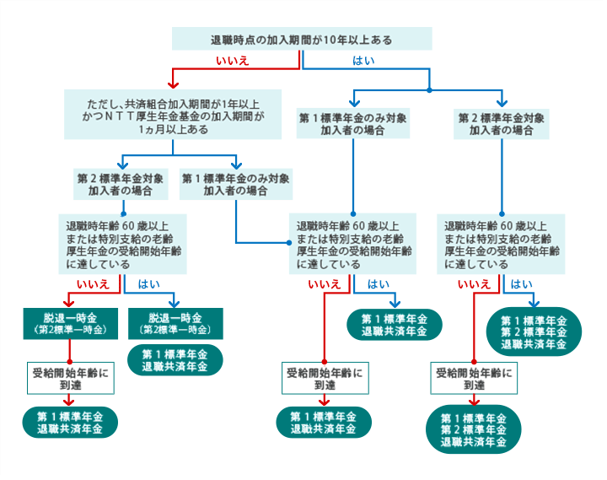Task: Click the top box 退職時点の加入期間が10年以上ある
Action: pyautogui.click(x=302, y=39)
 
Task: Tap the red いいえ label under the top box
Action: pyautogui.click(x=233, y=61)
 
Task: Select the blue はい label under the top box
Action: pyautogui.click(x=363, y=61)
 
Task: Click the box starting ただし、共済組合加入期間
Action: pyautogui.click(x=173, y=115)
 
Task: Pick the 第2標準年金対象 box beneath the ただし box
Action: pyautogui.click(x=121, y=184)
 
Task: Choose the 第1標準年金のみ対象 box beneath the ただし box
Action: pyautogui.click(x=236, y=184)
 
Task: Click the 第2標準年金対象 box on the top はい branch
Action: pyautogui.click(x=502, y=123)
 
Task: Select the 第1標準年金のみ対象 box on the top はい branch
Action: pyautogui.click(x=353, y=123)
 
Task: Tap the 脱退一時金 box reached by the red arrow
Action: pyautogui.click(x=71, y=324)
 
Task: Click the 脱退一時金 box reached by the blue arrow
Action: pyautogui.click(x=175, y=324)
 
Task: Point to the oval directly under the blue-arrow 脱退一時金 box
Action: pyautogui.click(x=175, y=360)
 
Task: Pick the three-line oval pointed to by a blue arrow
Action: pyautogui.click(x=534, y=332)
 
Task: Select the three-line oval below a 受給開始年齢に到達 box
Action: pyautogui.click(x=474, y=429)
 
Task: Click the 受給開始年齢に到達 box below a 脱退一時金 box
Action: pyautogui.click(x=71, y=379)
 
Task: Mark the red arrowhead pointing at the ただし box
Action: pyautogui.click(x=173, y=85)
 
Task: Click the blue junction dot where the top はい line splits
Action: pyautogui.click(x=429, y=90)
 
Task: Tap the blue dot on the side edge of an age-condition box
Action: pyautogui.click(x=289, y=243)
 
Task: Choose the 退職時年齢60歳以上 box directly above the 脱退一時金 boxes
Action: pyautogui.click(x=123, y=245)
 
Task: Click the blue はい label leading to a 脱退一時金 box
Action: pyautogui.click(x=149, y=284)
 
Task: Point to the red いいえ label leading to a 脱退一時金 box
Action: pyautogui.click(x=93, y=284)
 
